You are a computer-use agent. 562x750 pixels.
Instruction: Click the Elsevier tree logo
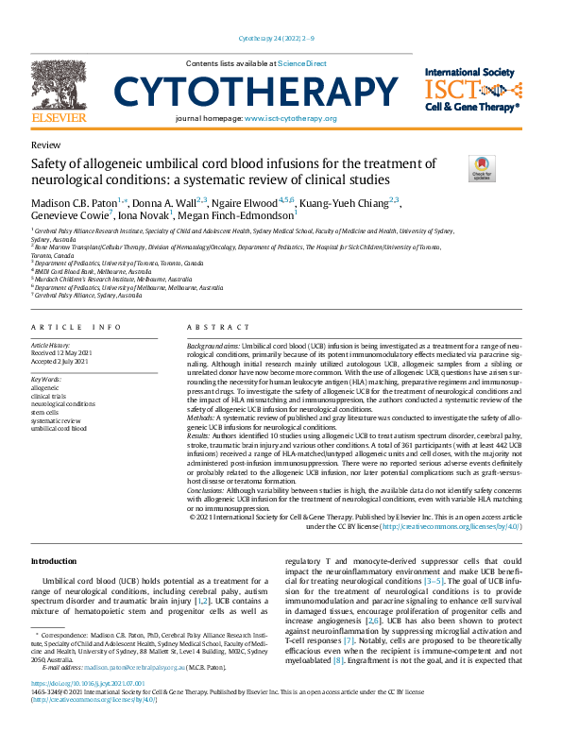tap(59, 84)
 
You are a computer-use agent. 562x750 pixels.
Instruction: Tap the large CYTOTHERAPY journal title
tap(255, 92)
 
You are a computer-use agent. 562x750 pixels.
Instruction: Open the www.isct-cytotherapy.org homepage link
tap(290, 118)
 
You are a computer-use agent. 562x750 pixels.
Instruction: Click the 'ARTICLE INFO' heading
tap(77, 327)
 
